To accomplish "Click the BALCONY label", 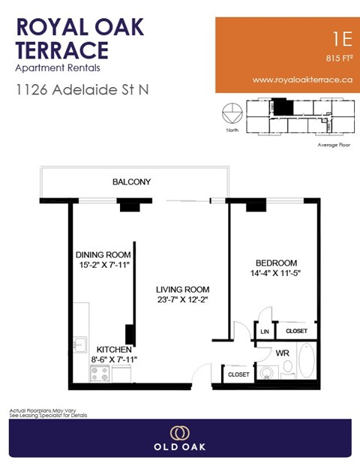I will [132, 182].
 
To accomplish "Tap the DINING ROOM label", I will [103, 254].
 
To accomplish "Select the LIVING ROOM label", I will [182, 290].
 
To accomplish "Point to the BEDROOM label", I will [277, 263].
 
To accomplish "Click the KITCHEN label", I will [114, 350].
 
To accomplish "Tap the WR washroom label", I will [283, 352].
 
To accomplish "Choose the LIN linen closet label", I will [265, 331].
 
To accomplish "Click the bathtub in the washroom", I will [308, 362].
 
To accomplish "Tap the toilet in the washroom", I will [265, 371].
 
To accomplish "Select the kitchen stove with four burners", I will [100, 372].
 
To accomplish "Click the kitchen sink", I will [79, 345].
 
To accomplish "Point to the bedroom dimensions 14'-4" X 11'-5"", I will [277, 274].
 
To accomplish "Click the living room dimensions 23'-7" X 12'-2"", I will [182, 300].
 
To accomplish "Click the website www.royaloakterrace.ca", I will [303, 79].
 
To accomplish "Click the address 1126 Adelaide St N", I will [82, 90].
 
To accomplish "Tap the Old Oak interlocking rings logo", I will [180, 433].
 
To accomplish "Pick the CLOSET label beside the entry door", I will [238, 374].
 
